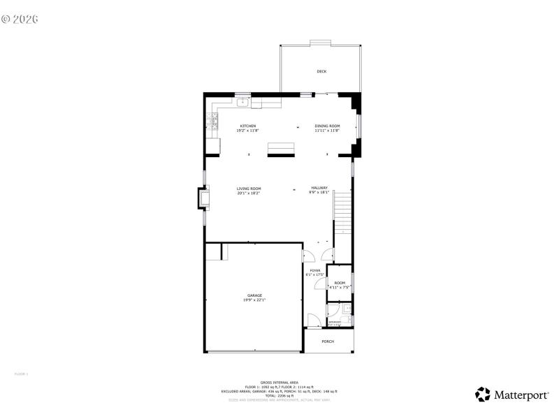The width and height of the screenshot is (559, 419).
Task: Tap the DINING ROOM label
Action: click(326, 126)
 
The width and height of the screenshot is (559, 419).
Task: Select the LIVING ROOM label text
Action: click(248, 188)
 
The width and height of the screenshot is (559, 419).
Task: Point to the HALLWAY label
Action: click(319, 188)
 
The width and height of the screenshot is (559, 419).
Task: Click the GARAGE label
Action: click(254, 295)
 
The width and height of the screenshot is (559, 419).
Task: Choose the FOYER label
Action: click(315, 270)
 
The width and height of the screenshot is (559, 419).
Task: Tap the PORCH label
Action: click(328, 341)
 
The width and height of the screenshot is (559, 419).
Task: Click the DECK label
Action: click(321, 71)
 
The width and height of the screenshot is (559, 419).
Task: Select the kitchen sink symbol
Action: click(243, 103)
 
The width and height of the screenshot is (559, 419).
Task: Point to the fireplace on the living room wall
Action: click(205, 199)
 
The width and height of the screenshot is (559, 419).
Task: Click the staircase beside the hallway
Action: click(342, 213)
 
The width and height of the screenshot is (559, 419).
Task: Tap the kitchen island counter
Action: click(282, 148)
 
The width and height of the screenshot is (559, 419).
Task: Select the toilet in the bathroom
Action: click(347, 309)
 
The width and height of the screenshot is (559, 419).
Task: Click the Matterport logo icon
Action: click(482, 395)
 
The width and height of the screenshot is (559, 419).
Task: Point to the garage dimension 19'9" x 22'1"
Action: click(254, 300)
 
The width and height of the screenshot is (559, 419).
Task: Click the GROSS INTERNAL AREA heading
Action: click(279, 383)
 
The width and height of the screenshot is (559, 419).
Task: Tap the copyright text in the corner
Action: click(20, 18)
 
